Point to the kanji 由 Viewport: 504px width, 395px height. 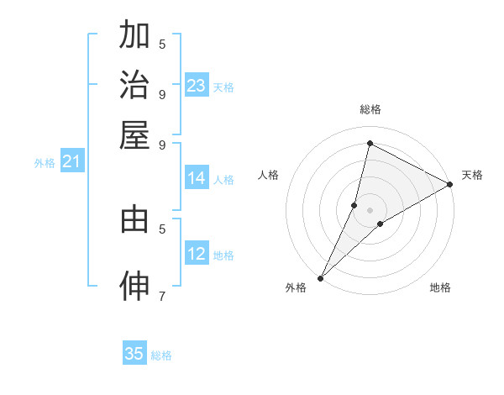[x=134, y=219]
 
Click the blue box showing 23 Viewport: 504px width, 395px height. [x=196, y=86]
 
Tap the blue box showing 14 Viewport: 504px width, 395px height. [x=196, y=178]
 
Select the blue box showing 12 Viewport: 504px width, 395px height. [x=196, y=254]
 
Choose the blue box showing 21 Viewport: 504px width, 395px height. [x=71, y=161]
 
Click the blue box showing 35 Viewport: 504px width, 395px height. [x=134, y=354]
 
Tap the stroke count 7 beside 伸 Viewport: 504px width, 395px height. [x=162, y=295]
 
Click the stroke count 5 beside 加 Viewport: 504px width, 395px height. [x=162, y=44]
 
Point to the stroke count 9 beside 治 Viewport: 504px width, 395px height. [x=162, y=93]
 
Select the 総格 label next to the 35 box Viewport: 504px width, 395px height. [x=162, y=355]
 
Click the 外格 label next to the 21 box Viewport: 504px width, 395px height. [x=45, y=163]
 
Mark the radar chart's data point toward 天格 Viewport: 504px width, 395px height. [x=450, y=185]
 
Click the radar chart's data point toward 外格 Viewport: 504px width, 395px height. [x=320, y=277]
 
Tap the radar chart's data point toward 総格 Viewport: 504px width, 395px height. [x=370, y=144]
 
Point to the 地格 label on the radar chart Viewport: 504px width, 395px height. [x=440, y=288]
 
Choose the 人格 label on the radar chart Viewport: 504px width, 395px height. [x=269, y=175]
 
